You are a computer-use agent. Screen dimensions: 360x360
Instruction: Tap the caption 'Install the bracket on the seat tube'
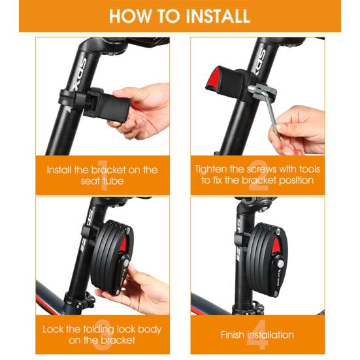pos(102,175)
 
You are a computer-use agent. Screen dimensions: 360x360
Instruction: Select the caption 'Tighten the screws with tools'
pos(258,169)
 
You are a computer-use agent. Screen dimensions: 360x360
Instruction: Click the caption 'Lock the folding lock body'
pos(102,329)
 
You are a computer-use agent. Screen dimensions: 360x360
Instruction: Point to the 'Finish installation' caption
pos(258,335)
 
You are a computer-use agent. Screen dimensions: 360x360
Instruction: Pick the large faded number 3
pos(102,334)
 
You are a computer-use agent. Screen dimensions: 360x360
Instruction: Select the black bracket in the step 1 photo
pos(105,105)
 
